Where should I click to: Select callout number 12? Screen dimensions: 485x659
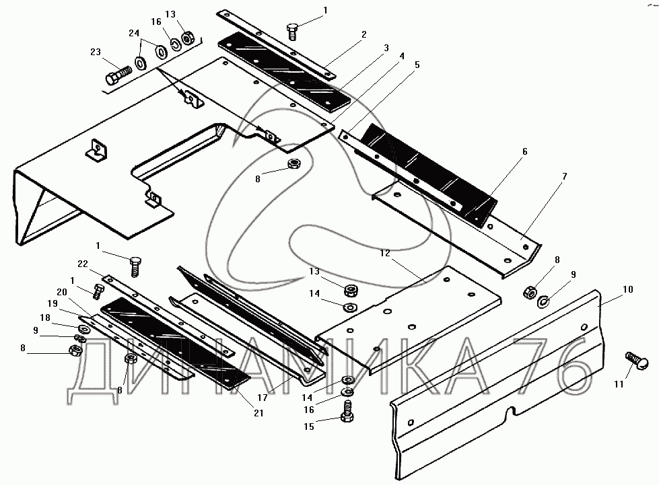385,254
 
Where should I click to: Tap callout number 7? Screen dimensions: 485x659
564,176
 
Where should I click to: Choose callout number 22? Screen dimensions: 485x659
83,263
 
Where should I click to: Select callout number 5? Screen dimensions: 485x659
417,65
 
